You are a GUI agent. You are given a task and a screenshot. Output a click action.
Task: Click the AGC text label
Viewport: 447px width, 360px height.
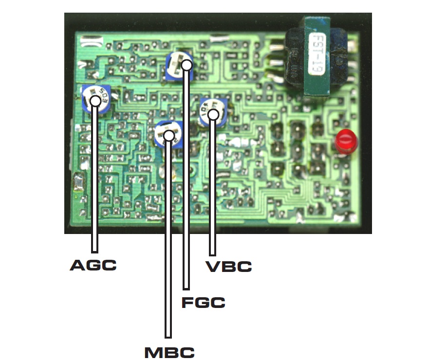click(93, 266)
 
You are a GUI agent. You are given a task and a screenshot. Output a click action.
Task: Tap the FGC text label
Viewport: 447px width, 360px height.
click(203, 303)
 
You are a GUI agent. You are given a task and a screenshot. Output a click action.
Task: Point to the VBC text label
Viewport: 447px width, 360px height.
click(228, 267)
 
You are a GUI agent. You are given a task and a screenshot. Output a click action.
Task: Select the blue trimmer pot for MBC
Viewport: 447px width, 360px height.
click(168, 135)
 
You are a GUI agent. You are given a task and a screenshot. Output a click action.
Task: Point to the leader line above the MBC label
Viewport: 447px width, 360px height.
click(168, 243)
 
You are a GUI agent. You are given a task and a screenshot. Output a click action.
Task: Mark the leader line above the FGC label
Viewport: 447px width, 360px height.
click(186, 195)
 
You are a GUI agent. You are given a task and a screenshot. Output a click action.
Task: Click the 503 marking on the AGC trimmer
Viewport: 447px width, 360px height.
click(104, 92)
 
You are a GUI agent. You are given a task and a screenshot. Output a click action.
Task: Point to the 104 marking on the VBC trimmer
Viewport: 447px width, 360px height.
click(206, 107)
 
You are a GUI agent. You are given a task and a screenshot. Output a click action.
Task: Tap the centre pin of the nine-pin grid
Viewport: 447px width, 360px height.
click(297, 148)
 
